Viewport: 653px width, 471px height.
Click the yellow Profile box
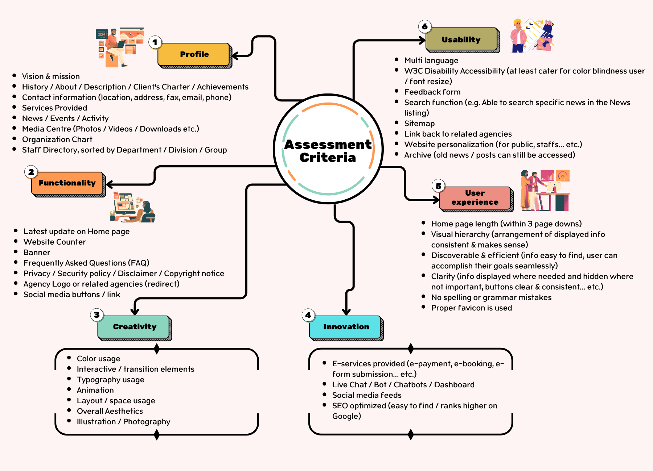(194, 54)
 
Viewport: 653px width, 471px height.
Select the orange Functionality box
(67, 183)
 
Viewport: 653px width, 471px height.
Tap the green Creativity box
(134, 327)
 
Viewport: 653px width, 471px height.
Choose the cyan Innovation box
(346, 327)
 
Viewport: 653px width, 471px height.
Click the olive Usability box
(461, 39)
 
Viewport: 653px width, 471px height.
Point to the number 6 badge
(425, 26)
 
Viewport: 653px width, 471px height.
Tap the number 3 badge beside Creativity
(96, 315)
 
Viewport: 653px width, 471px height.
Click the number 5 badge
(438, 186)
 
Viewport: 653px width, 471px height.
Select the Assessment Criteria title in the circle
(328, 151)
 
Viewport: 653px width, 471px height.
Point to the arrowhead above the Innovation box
(346, 312)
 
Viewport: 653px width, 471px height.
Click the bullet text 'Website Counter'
(54, 242)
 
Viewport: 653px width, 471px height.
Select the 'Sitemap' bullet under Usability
(419, 124)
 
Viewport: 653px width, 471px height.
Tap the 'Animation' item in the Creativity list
(95, 390)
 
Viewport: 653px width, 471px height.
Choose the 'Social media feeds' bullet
(366, 395)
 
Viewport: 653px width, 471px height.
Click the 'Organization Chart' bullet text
(57, 139)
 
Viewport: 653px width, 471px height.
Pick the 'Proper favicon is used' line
(471, 308)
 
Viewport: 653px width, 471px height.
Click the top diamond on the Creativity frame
(157, 349)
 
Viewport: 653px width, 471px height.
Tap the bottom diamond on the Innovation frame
(411, 434)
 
